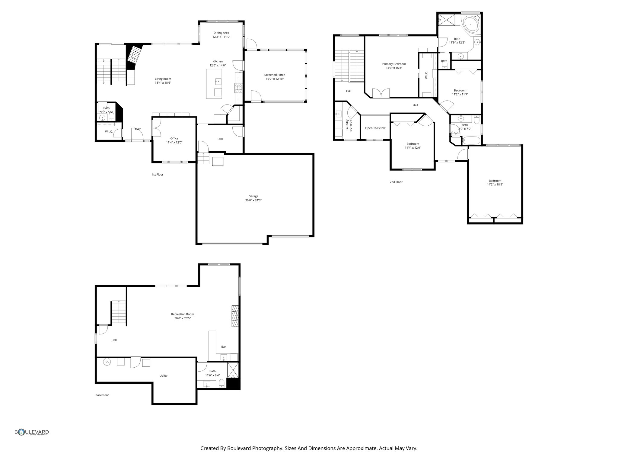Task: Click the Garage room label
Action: point(253,196)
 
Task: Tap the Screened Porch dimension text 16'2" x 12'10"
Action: point(275,79)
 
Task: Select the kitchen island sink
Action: point(218,81)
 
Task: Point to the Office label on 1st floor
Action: point(174,138)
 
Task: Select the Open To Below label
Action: point(375,128)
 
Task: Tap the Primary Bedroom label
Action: point(394,64)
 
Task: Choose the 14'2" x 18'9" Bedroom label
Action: point(495,181)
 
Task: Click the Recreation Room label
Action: point(183,314)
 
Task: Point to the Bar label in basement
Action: point(224,347)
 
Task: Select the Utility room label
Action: point(164,375)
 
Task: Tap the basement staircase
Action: point(119,312)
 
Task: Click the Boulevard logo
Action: point(32,432)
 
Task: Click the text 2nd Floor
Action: point(396,182)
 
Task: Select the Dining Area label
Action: point(221,33)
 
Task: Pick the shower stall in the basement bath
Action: point(233,370)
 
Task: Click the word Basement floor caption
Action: point(102,395)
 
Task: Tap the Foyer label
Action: point(137,129)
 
